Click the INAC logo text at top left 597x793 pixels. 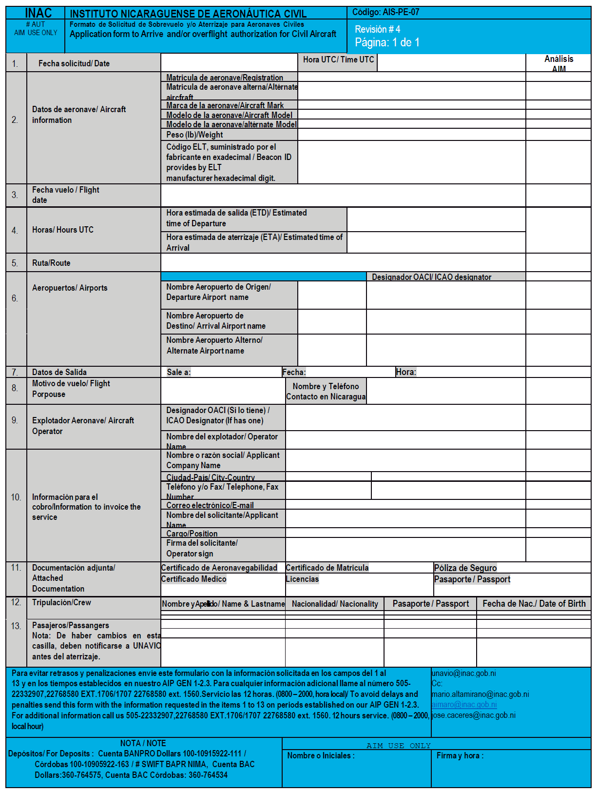click(x=38, y=13)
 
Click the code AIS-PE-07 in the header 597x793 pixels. click(x=385, y=12)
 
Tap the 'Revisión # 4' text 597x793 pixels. click(x=377, y=29)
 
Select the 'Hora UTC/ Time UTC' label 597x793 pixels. click(x=338, y=59)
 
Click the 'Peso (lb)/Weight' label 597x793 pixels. click(x=194, y=135)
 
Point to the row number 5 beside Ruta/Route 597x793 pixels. click(x=15, y=263)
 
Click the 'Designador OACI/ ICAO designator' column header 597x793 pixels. click(x=431, y=277)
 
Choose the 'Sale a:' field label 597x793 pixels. click(x=178, y=372)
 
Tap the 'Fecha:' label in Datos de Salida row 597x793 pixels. click(x=294, y=372)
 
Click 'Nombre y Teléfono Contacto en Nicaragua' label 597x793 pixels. click(x=326, y=392)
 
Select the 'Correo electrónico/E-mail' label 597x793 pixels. click(x=210, y=505)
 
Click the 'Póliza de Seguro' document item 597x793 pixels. click(x=465, y=568)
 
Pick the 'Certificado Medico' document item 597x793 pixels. click(x=193, y=579)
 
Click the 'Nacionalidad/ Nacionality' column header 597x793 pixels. click(x=335, y=604)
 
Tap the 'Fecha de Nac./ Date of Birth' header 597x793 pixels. click(x=534, y=604)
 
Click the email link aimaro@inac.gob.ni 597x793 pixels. click(x=464, y=705)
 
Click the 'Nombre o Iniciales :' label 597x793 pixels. click(x=321, y=755)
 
